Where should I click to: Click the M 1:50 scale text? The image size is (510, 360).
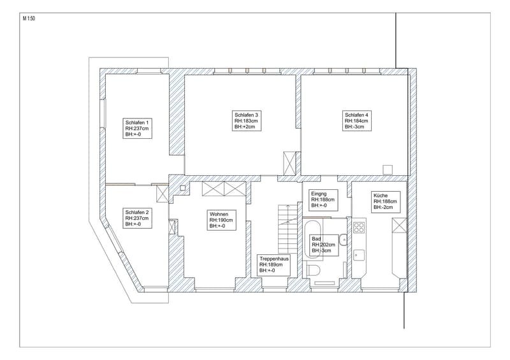[x=29, y=18]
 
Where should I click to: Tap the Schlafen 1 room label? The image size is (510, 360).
[x=137, y=128]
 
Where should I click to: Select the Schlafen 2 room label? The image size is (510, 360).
[x=137, y=218]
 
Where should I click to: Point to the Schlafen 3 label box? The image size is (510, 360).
[x=247, y=120]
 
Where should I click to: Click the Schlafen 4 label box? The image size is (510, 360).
[x=357, y=120]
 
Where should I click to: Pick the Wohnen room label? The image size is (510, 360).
[x=221, y=220]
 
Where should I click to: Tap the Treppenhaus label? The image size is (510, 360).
[x=273, y=265]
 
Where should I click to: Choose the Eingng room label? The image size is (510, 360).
[x=323, y=199]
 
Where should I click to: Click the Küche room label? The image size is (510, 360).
[x=386, y=201]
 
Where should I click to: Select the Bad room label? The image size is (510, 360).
[x=324, y=245]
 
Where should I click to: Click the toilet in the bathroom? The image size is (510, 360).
[x=313, y=271]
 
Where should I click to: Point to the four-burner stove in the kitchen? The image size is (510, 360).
[x=359, y=227]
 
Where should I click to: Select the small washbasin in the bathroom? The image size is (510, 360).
[x=343, y=240]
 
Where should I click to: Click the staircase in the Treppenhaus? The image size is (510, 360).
[x=288, y=229]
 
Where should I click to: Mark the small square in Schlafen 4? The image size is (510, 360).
[x=388, y=169]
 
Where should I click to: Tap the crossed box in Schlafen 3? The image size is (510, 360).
[x=289, y=163]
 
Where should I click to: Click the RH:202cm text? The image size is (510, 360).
[x=324, y=245]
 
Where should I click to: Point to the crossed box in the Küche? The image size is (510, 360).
[x=399, y=226]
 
